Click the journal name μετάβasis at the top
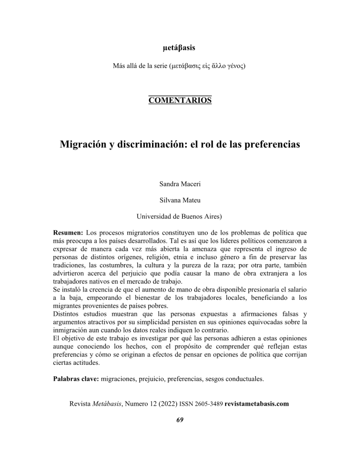(x=180, y=47)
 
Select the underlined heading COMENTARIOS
(x=180, y=100)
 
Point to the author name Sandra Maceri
(x=180, y=184)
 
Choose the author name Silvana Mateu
(x=180, y=200)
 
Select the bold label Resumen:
(x=68, y=232)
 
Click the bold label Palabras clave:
(x=76, y=379)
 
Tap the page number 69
(x=180, y=420)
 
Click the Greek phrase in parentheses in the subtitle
(x=207, y=66)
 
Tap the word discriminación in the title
(x=152, y=144)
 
